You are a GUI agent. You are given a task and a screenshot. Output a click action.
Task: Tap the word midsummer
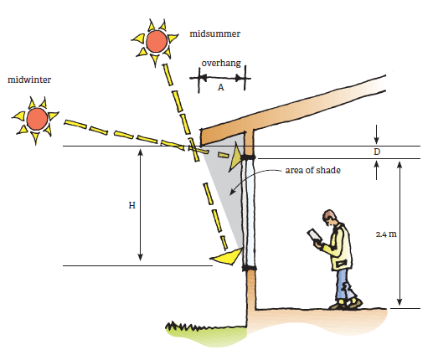[x=216, y=33]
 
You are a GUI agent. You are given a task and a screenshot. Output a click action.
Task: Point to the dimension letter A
[x=220, y=87]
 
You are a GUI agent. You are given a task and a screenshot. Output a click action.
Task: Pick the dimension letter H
[x=131, y=206]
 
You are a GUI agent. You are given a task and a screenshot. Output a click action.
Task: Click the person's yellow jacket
[x=339, y=249]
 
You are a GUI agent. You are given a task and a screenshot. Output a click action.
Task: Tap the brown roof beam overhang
[x=228, y=131]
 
